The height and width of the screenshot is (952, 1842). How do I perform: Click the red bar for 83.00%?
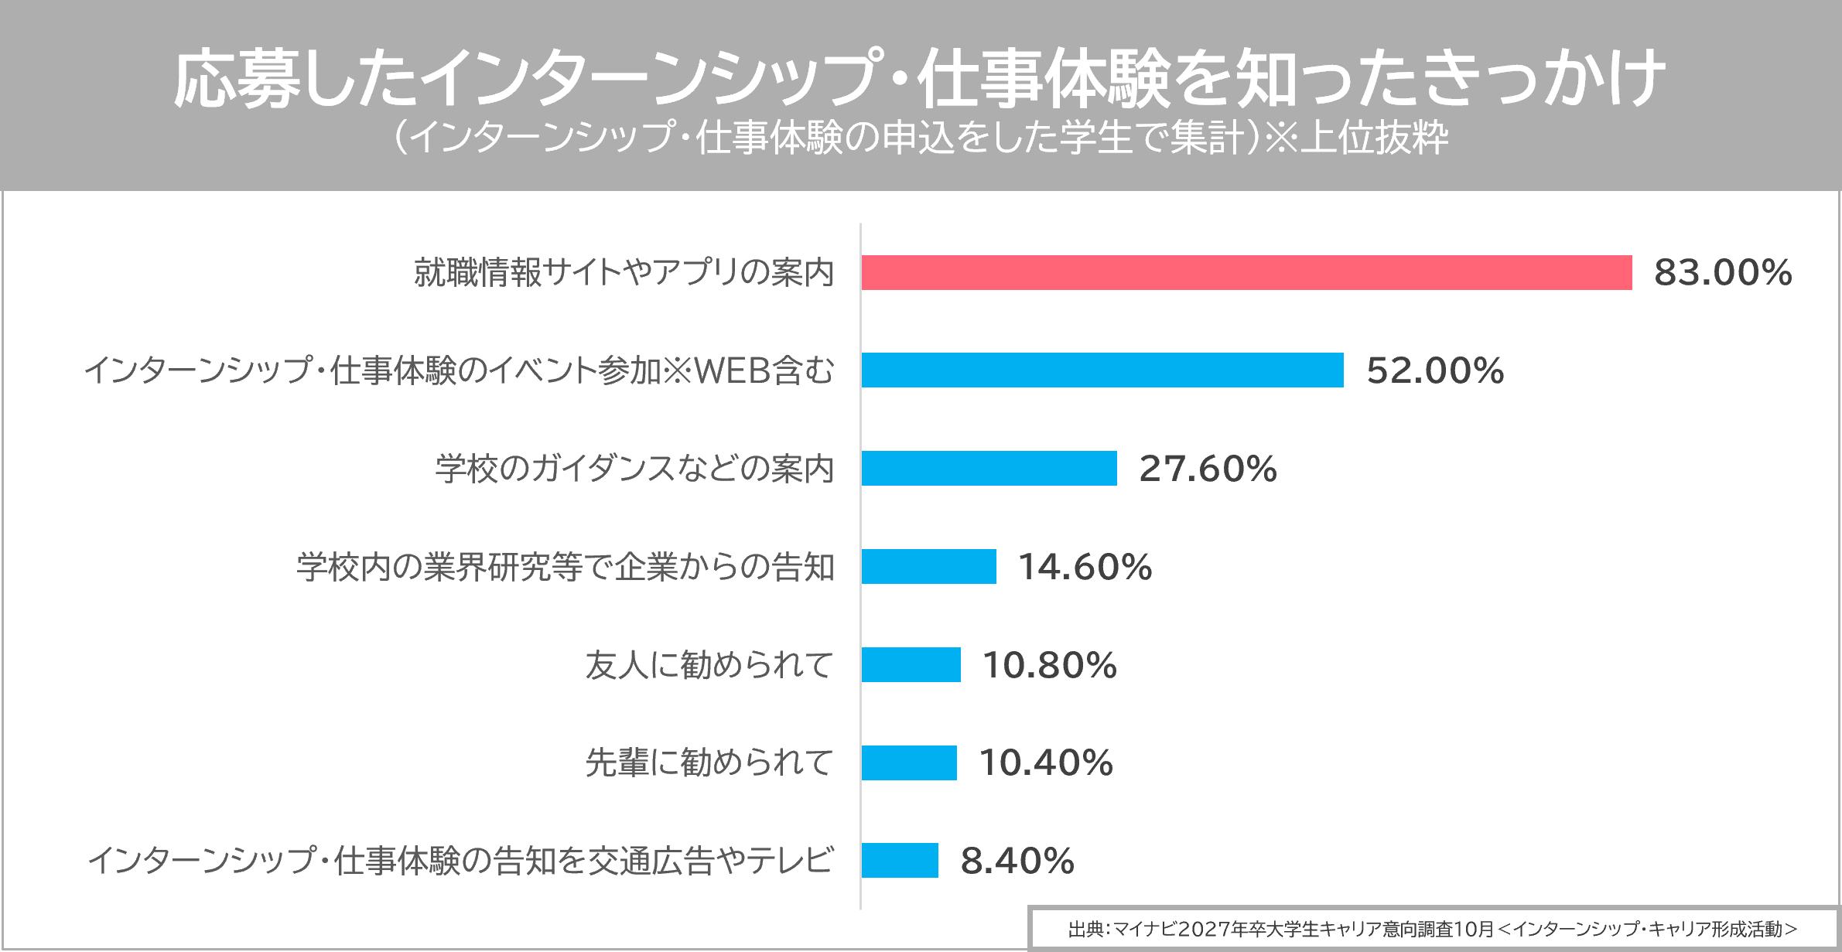pos(1246,273)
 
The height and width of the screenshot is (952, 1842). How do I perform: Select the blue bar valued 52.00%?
pos(1102,370)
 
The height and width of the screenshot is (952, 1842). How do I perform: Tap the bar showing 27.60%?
pos(989,469)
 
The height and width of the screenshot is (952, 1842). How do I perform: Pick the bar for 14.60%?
pos(928,567)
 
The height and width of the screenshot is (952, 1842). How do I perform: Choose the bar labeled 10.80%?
pos(911,665)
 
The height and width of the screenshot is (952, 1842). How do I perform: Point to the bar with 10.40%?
pos(909,763)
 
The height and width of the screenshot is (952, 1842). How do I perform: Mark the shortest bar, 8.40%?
pos(900,861)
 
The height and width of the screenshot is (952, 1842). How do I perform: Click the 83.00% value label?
pos(1723,273)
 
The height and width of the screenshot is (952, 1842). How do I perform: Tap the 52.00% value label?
pos(1435,370)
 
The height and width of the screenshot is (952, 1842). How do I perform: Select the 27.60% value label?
pos(1208,469)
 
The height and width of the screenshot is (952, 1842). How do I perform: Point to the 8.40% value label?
pos(1017,861)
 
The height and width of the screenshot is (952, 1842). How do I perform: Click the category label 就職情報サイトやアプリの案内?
pos(624,273)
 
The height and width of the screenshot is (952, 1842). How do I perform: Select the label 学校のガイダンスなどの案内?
pos(634,469)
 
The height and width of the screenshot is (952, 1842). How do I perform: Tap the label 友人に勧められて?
pos(709,665)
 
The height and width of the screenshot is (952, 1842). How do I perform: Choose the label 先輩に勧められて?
pos(709,763)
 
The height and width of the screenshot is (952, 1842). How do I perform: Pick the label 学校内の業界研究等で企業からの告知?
pos(566,567)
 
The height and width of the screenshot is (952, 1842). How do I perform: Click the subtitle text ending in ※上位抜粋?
pos(921,138)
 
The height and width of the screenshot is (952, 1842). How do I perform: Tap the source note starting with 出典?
pos(1433,929)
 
